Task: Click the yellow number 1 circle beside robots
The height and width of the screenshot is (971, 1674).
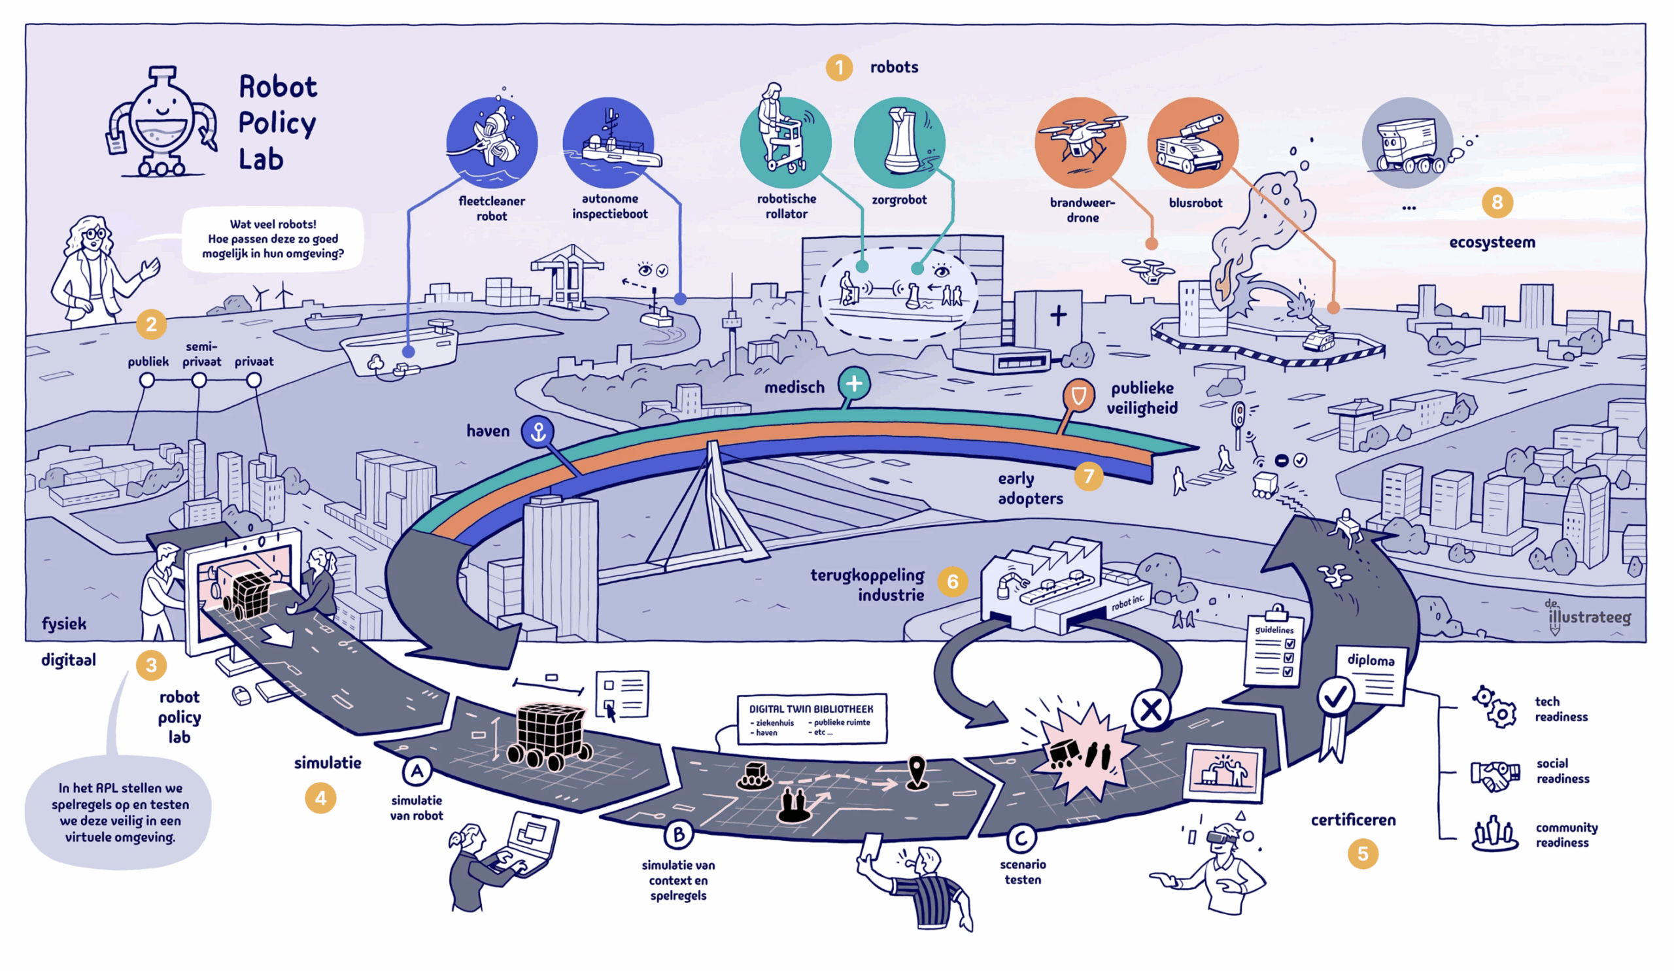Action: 839,68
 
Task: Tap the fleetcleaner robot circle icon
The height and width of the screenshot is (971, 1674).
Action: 492,142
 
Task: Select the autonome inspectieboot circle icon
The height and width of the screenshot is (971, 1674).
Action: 609,142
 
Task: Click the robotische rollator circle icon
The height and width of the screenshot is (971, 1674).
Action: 785,142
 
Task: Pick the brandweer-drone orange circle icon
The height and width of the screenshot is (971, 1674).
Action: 1080,142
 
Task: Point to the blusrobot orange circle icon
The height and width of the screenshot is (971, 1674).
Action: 1193,142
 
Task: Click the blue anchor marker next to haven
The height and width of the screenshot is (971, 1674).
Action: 538,432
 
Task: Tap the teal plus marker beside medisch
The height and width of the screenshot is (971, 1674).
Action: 853,383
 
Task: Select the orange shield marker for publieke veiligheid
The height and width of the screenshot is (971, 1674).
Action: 1078,396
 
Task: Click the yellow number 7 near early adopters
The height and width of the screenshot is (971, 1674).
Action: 1088,475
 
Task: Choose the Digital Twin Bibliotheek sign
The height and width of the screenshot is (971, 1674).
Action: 811,719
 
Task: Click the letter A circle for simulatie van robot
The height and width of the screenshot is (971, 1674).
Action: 417,771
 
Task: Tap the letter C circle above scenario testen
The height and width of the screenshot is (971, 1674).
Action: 1021,838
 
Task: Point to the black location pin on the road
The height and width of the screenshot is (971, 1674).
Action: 917,772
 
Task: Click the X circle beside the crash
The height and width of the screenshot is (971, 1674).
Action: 1150,710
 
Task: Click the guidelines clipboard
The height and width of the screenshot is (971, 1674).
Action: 1273,647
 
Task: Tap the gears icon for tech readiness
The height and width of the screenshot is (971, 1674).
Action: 1494,707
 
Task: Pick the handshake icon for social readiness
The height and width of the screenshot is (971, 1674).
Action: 1495,774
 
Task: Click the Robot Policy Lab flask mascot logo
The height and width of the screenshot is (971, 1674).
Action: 163,123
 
